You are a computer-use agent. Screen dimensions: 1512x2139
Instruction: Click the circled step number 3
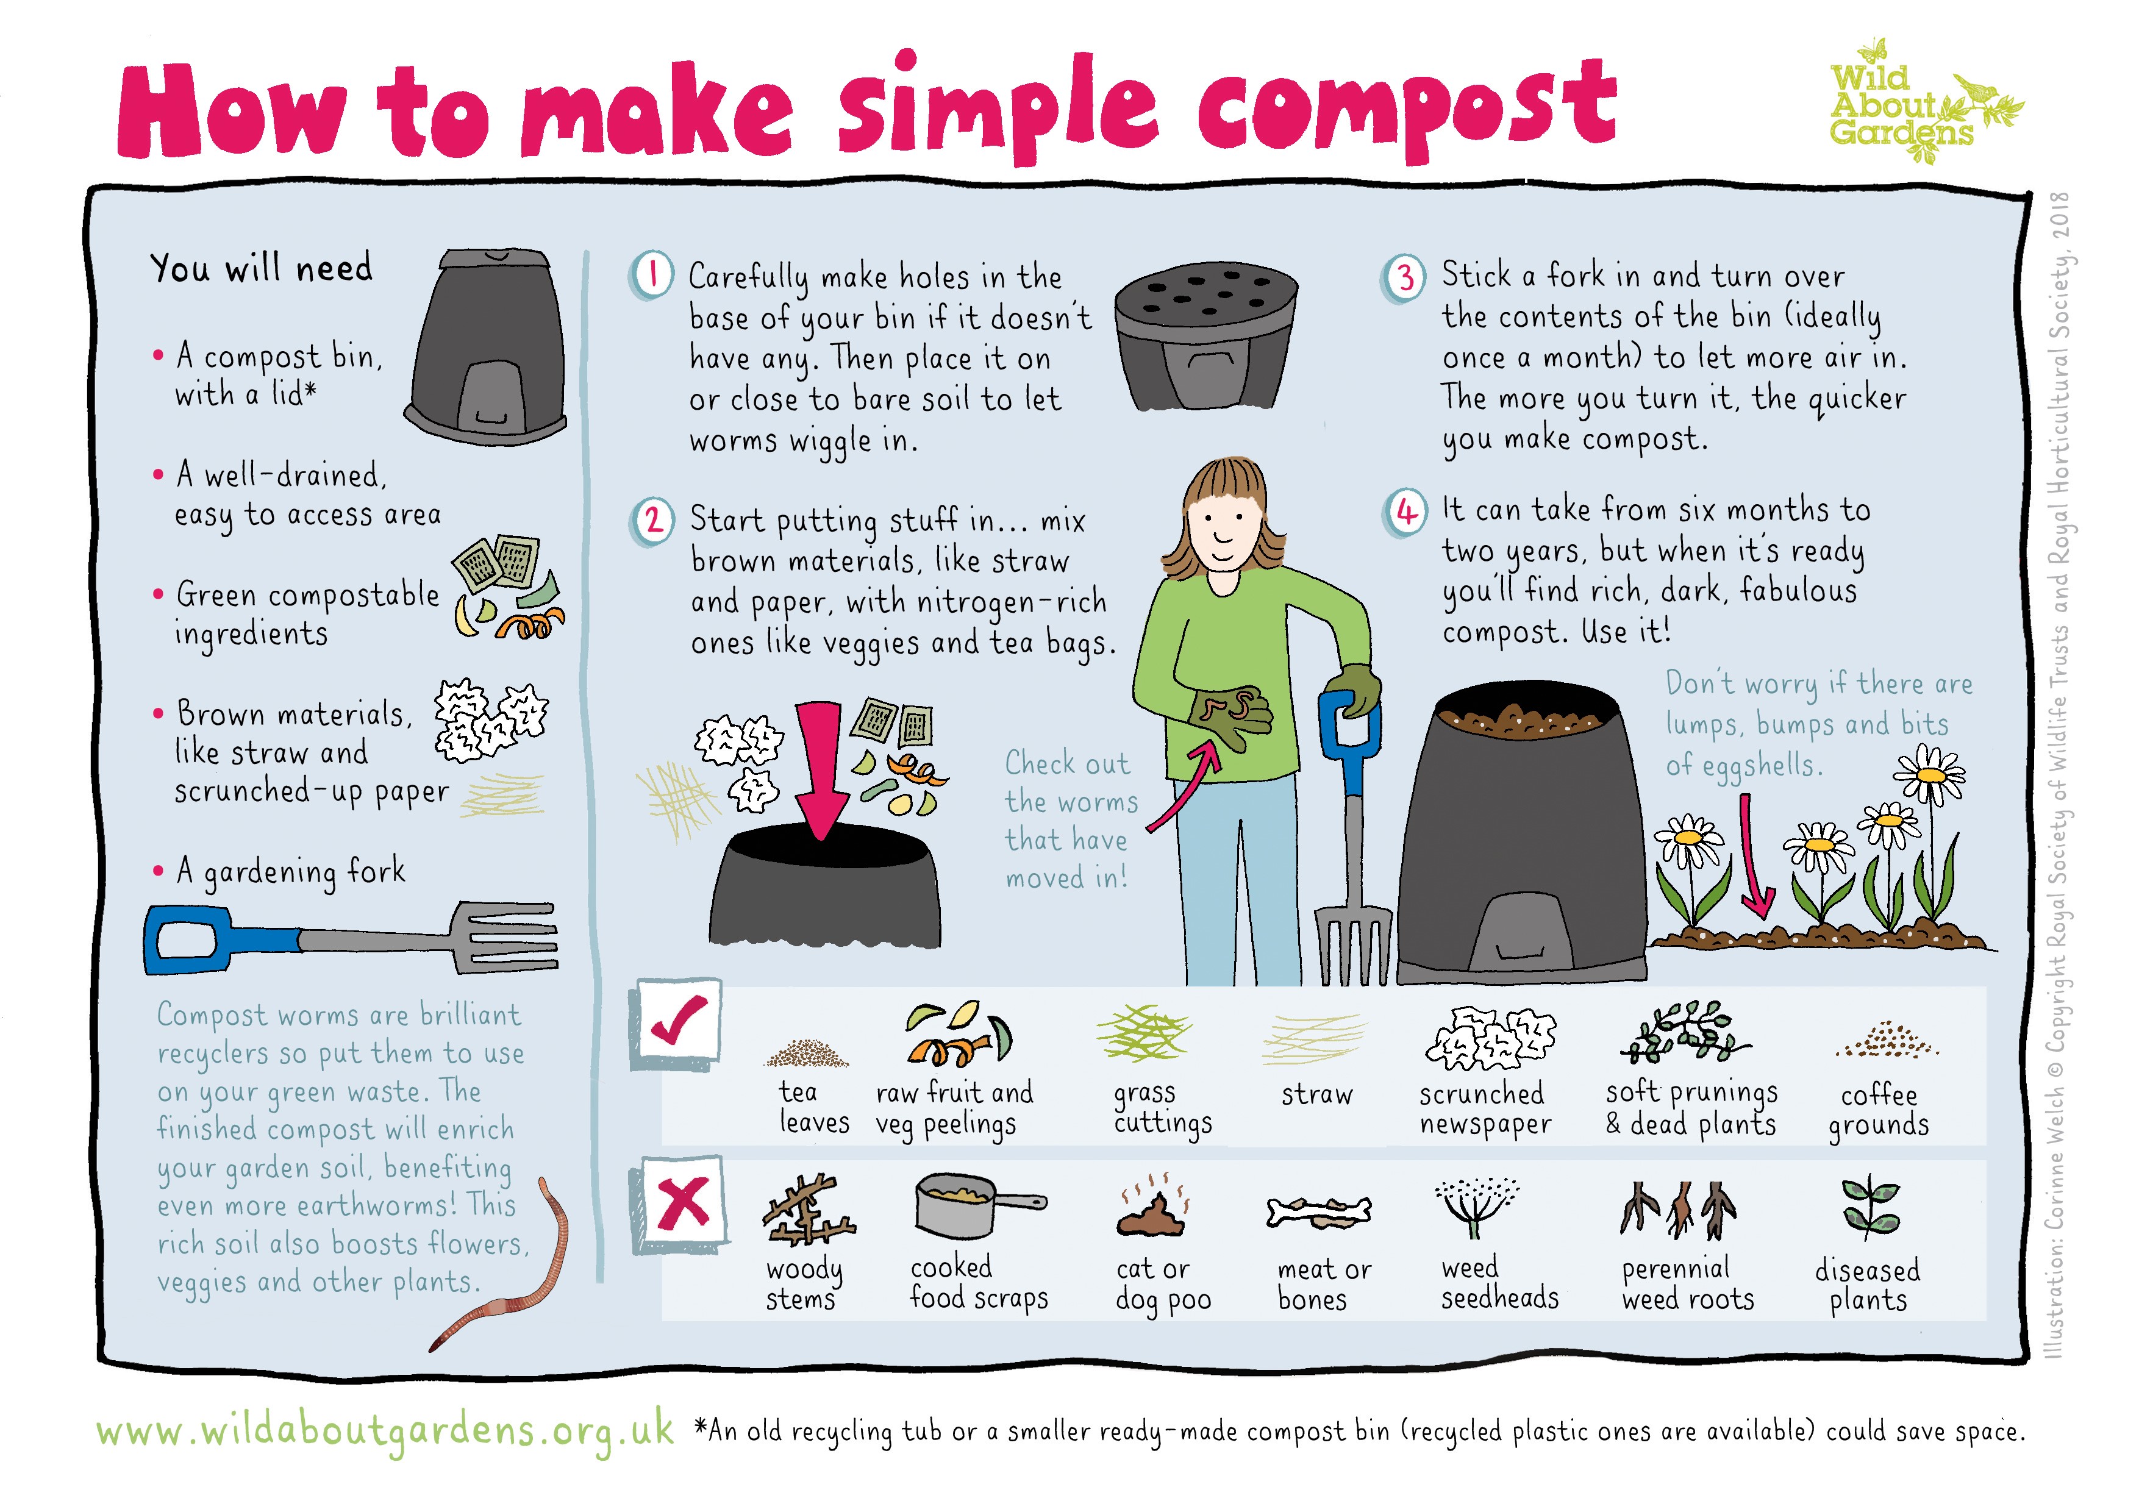pos(1405,277)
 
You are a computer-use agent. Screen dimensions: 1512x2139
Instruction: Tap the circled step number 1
pos(653,276)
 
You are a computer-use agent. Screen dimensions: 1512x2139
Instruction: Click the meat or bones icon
pos(1319,1211)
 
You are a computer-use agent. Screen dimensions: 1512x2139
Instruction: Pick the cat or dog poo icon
pos(1152,1211)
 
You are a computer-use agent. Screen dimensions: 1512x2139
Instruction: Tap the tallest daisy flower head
pos(1929,775)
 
